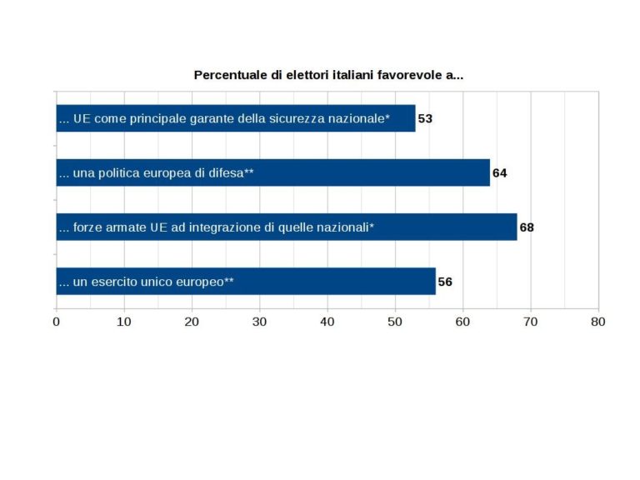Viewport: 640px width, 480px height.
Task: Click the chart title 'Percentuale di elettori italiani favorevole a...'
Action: pyautogui.click(x=328, y=75)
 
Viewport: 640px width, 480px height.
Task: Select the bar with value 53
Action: pyautogui.click(x=235, y=118)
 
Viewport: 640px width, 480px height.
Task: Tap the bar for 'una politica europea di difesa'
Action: pyautogui.click(x=272, y=172)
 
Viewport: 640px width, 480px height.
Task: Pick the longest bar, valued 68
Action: pyautogui.click(x=286, y=227)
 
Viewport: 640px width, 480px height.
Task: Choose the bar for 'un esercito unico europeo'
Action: pyautogui.click(x=245, y=282)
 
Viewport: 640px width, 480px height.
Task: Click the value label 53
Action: pyautogui.click(x=425, y=118)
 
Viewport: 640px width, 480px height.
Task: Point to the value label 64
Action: pyautogui.click(x=500, y=173)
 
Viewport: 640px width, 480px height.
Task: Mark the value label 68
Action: pyautogui.click(x=527, y=227)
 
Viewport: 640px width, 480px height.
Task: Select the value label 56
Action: pyautogui.click(x=445, y=282)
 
